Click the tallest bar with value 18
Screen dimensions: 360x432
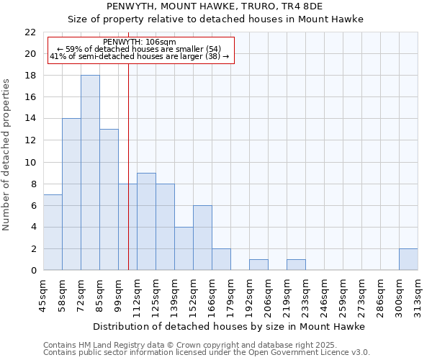click(x=90, y=173)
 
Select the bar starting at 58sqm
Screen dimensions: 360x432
click(x=71, y=194)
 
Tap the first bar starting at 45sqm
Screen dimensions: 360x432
click(x=53, y=232)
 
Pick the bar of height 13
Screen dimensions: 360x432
click(x=109, y=199)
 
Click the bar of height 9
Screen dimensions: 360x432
click(x=146, y=221)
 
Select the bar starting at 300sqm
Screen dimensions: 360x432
click(x=408, y=259)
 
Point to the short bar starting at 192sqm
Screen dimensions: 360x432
click(x=258, y=264)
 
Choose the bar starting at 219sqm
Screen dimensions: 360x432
click(x=296, y=264)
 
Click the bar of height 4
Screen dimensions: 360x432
click(x=184, y=248)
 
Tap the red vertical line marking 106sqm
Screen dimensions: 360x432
click(x=128, y=166)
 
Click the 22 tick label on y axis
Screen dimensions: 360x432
click(x=30, y=32)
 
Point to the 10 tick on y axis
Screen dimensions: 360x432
click(x=30, y=162)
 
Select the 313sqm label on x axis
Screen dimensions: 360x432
click(x=418, y=296)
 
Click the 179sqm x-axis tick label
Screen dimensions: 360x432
click(x=230, y=296)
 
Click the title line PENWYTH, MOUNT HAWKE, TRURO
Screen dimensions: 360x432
click(x=215, y=6)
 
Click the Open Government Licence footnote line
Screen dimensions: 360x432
click(x=207, y=353)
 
